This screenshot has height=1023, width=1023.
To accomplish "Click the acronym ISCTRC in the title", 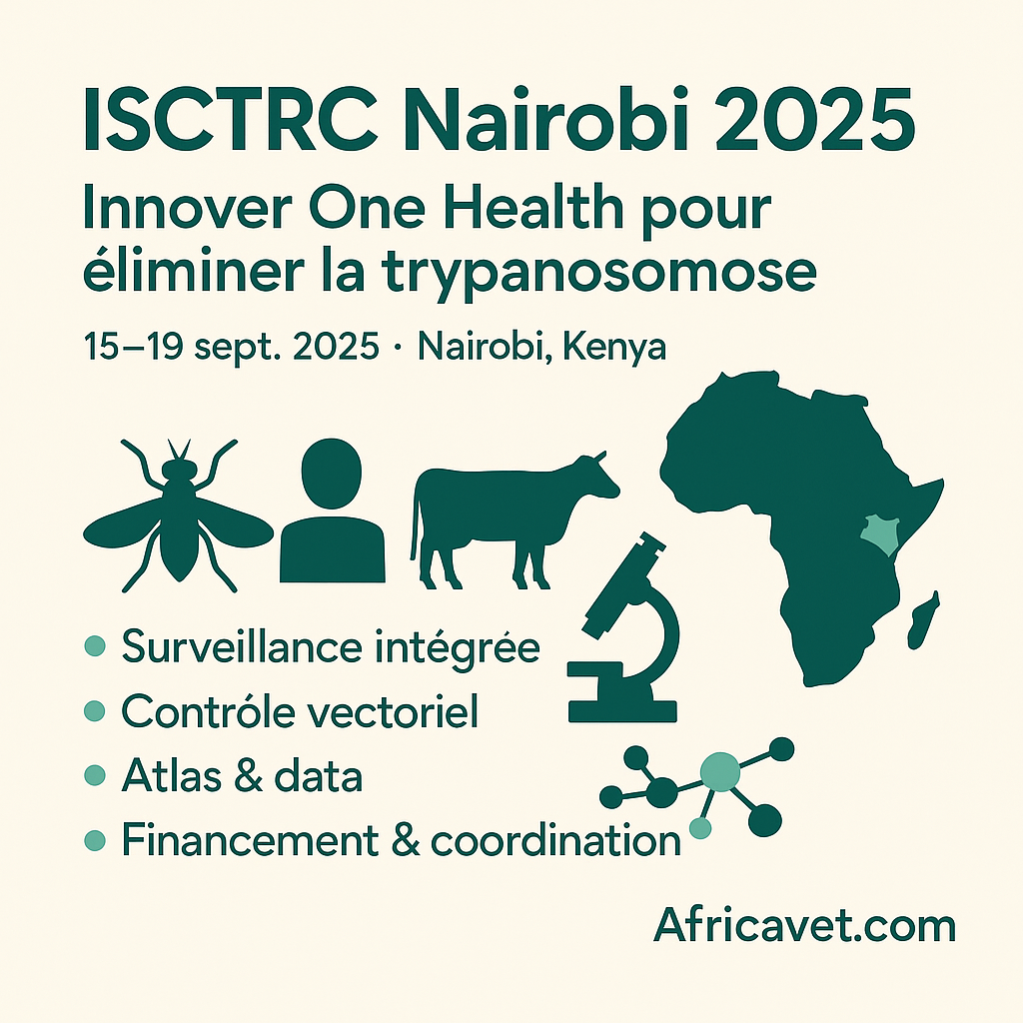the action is point(231,120).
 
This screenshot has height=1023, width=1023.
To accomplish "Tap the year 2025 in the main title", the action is point(815,120).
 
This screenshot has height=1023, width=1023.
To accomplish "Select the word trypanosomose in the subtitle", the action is point(599,273).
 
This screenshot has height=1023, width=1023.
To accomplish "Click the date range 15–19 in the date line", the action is point(133,346).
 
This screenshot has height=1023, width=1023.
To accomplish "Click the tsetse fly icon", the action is point(178,515).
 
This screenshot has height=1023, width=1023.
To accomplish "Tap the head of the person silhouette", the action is point(332,473).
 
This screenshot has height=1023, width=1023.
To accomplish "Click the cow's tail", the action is point(415,521).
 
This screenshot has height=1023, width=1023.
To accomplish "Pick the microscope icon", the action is point(623,627).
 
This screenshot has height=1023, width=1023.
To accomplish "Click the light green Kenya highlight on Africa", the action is point(880,534).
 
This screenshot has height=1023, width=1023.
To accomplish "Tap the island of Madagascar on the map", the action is point(922,620).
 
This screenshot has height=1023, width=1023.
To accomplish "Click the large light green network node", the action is point(719,772).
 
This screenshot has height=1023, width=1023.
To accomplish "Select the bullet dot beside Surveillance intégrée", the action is point(95,646).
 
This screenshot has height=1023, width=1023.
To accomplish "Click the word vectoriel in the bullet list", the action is point(392,711).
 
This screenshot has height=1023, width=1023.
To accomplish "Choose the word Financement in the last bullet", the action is point(250,839).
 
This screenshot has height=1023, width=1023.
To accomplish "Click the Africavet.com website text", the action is point(804,924).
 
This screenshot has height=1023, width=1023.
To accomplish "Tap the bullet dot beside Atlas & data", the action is point(95,775).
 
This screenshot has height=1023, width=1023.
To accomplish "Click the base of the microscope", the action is point(623,711).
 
